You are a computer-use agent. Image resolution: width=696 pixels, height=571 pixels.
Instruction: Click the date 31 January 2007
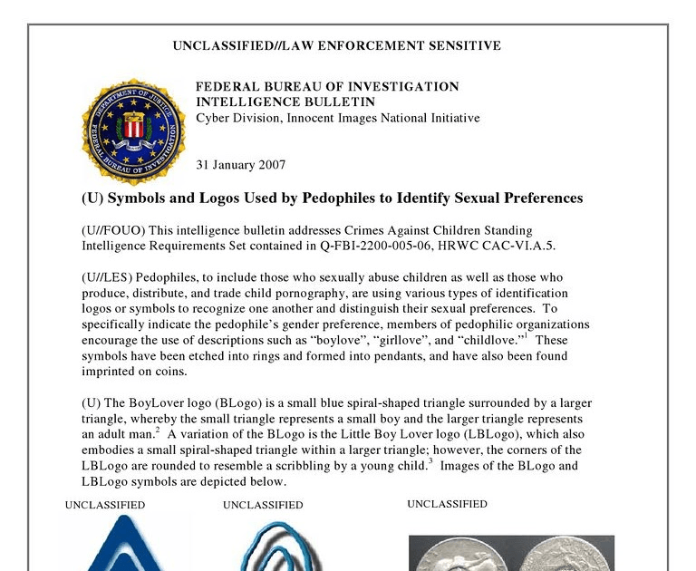tap(241, 165)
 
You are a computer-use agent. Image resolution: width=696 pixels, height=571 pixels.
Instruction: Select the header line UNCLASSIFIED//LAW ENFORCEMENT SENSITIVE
tap(336, 45)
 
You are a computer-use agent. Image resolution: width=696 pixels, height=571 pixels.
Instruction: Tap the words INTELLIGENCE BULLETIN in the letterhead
tap(285, 102)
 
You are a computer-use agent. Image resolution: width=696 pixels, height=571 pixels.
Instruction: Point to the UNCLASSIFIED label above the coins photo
tap(447, 504)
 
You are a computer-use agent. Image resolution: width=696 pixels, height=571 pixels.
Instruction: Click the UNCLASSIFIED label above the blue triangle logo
tap(105, 505)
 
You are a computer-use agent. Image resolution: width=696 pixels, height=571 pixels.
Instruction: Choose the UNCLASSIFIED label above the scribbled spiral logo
tap(263, 505)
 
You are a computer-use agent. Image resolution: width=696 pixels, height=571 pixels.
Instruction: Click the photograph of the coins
tap(511, 553)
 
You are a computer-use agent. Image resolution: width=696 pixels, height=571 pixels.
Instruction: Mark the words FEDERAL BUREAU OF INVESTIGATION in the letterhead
tap(327, 87)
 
